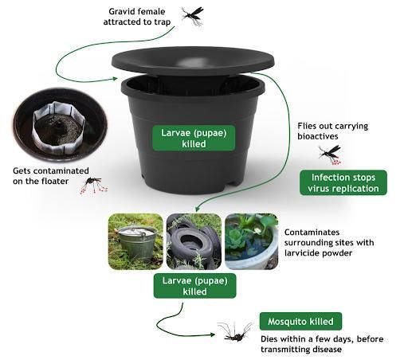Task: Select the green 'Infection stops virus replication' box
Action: [x=343, y=182]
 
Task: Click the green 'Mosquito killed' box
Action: [x=302, y=322]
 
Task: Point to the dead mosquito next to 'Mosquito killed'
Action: [x=236, y=331]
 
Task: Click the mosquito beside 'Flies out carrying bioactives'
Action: [x=328, y=153]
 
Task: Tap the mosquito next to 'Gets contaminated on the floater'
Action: [x=95, y=185]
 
